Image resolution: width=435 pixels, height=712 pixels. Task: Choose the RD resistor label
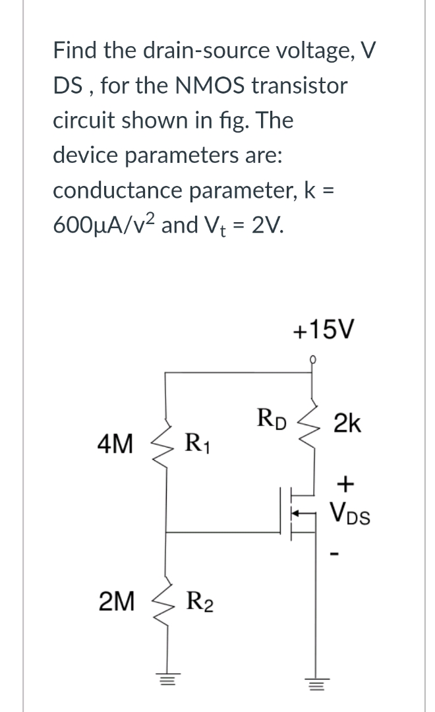[x=272, y=419]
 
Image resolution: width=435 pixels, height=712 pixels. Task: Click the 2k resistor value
[x=347, y=423]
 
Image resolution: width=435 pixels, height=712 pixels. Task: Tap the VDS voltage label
[x=350, y=514]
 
